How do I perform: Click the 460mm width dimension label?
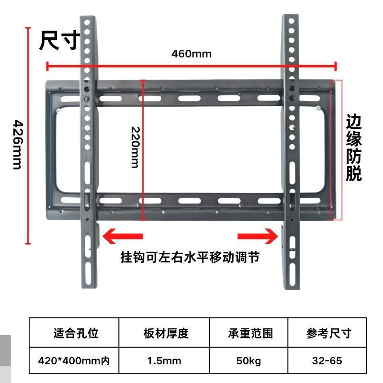coord(191,53)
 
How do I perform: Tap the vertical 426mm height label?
coord(17,144)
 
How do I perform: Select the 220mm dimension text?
coord(135,147)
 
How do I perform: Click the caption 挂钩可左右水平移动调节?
coord(190,258)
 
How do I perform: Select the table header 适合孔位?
coord(76,333)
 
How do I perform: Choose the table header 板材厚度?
coord(166,333)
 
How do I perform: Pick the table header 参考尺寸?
coord(329,333)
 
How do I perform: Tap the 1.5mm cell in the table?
coord(166,360)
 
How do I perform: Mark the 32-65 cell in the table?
coord(329,360)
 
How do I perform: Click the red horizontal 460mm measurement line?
coord(191,66)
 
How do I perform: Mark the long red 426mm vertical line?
coord(28,134)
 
